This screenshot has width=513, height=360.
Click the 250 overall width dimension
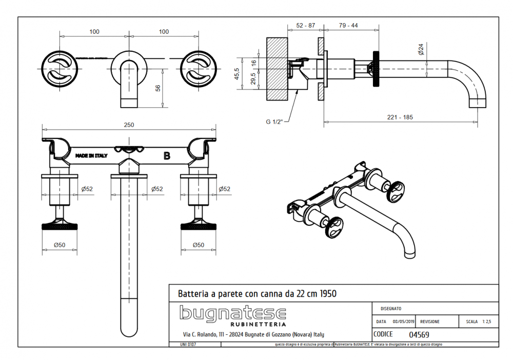129,125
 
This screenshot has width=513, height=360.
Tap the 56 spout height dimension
158,88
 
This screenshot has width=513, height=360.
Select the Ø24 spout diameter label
421,49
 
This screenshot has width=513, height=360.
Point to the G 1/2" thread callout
276,122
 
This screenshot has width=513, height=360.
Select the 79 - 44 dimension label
348,26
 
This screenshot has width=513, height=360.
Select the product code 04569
419,334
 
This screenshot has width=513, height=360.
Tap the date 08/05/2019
404,322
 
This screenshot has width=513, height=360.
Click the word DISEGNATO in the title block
391,309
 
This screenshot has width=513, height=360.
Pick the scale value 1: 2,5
486,322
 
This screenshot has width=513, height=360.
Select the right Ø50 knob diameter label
199,245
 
